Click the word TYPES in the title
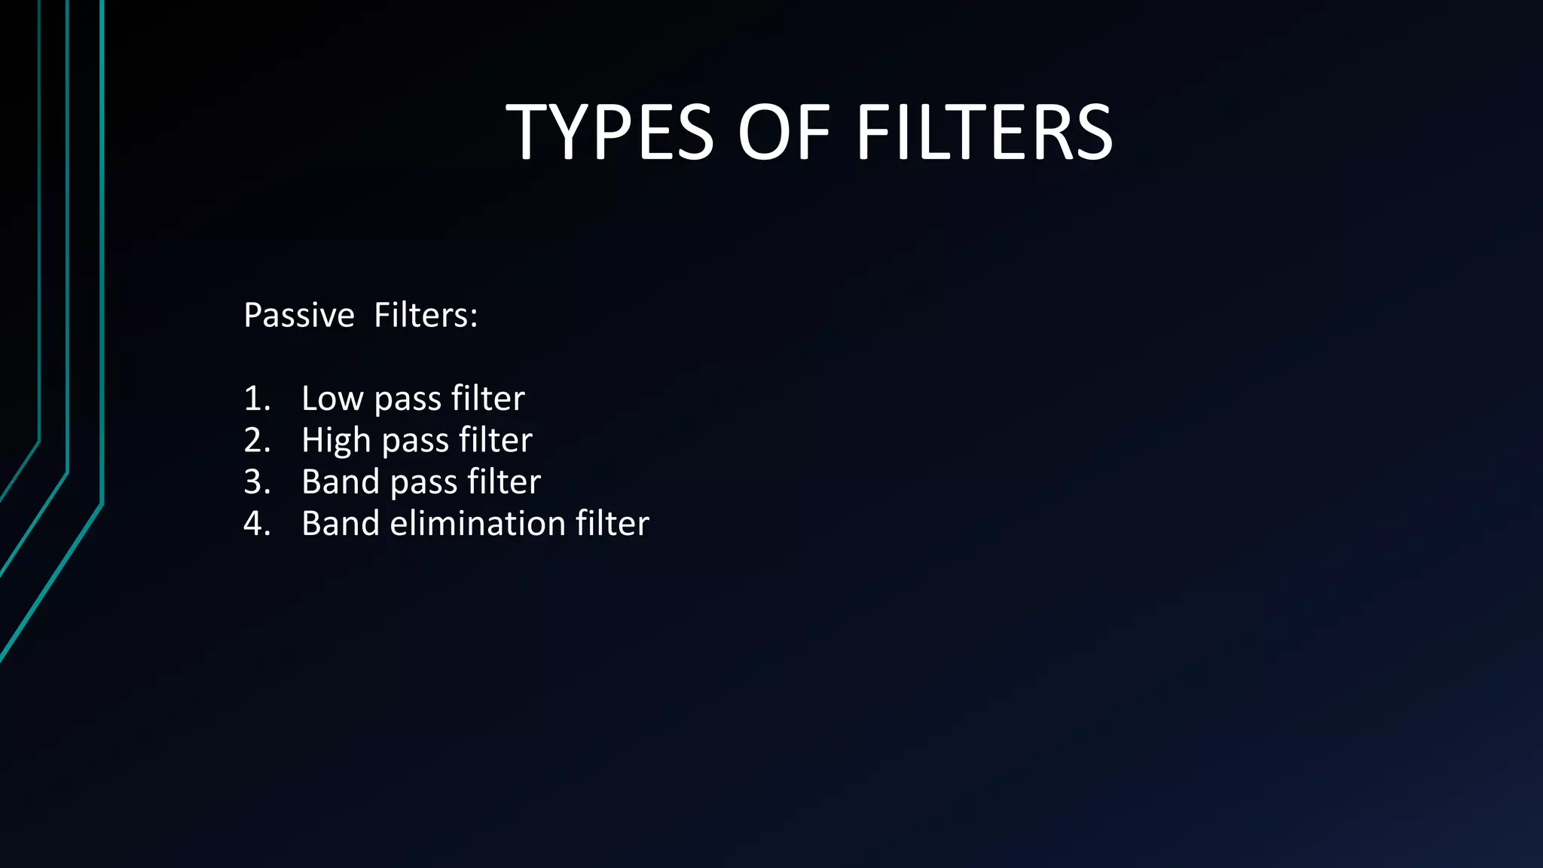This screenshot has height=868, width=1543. coord(609,133)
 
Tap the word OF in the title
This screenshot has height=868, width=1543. coord(784,133)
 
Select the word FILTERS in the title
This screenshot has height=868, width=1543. coord(984,133)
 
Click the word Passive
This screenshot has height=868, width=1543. coord(299,315)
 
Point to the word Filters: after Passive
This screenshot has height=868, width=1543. coord(426,315)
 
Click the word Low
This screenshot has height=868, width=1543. coord(332,398)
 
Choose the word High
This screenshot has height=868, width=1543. coord(336,440)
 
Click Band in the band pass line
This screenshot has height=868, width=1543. coord(341,481)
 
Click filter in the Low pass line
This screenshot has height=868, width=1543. coord(487,398)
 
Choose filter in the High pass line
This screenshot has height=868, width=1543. coord(495,440)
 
